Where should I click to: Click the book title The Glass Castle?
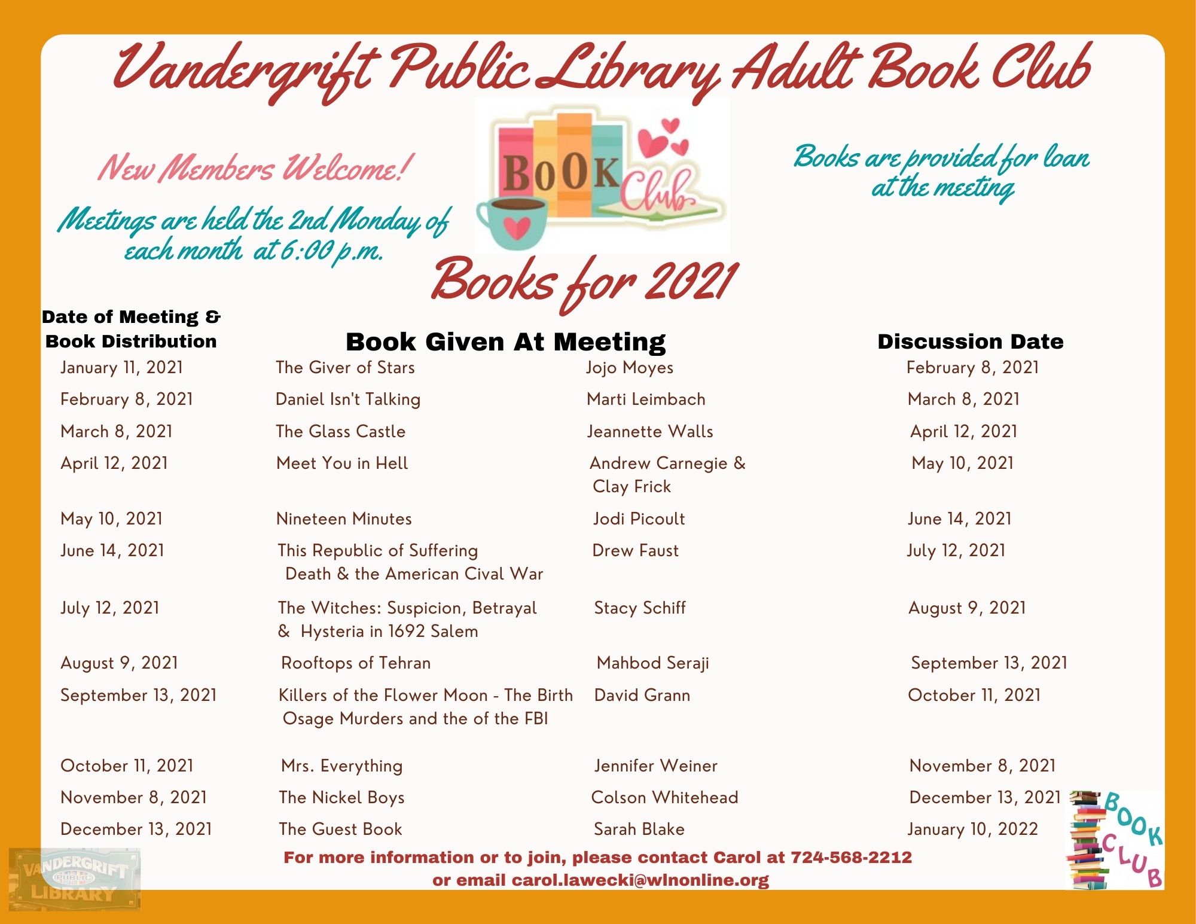(340, 431)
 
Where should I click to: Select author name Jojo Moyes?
(629, 367)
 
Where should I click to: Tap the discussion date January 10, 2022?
(972, 829)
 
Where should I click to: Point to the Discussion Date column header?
(970, 341)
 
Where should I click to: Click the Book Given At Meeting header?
(505, 342)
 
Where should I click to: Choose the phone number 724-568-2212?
(851, 858)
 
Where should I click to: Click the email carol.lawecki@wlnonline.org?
(640, 880)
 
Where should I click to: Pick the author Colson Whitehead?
(664, 797)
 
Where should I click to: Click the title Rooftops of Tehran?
(356, 663)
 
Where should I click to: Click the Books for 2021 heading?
(584, 282)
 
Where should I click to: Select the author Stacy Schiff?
(639, 608)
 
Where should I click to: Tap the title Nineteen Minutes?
(344, 519)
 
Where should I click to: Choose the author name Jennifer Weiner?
(655, 766)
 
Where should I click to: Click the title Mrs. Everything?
(341, 766)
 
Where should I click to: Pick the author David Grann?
(642, 695)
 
